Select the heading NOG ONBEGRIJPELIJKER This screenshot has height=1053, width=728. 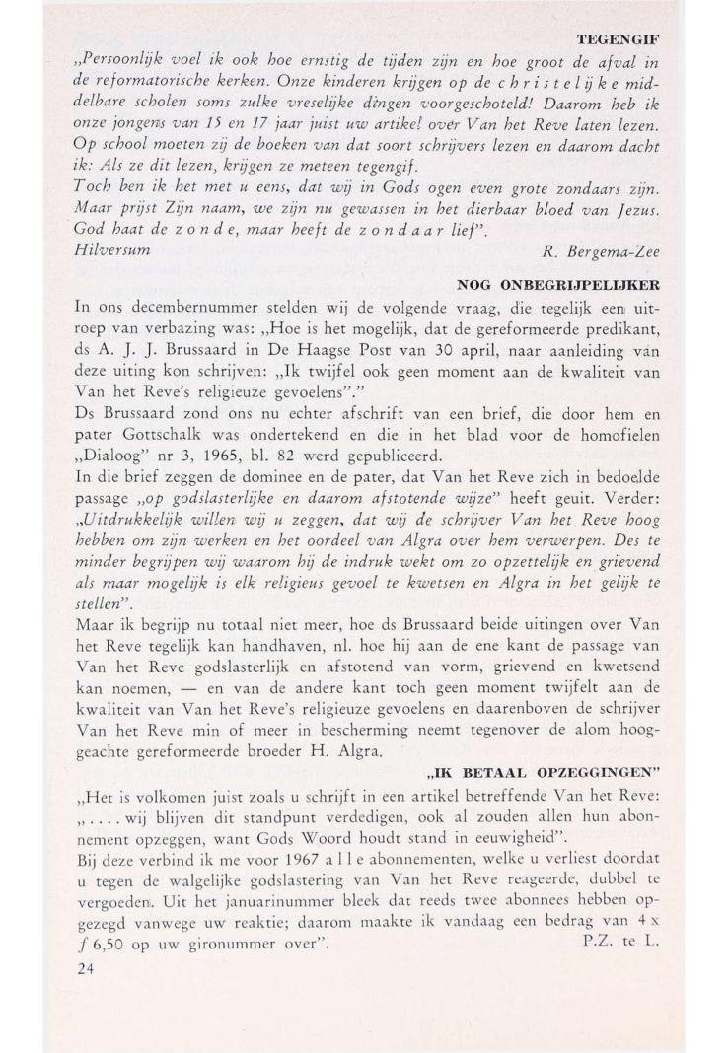[558, 284]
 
